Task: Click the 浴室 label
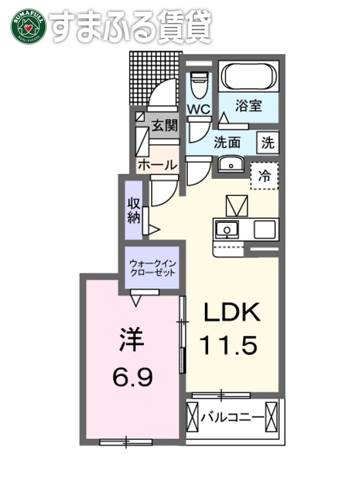click(x=249, y=106)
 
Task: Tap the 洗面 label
click(x=226, y=141)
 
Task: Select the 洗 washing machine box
click(x=267, y=141)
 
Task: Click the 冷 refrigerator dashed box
click(x=264, y=175)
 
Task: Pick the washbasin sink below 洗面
click(x=230, y=164)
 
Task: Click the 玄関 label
click(x=164, y=126)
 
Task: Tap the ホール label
click(x=156, y=165)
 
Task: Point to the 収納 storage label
click(x=134, y=210)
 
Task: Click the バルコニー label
click(x=233, y=417)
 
